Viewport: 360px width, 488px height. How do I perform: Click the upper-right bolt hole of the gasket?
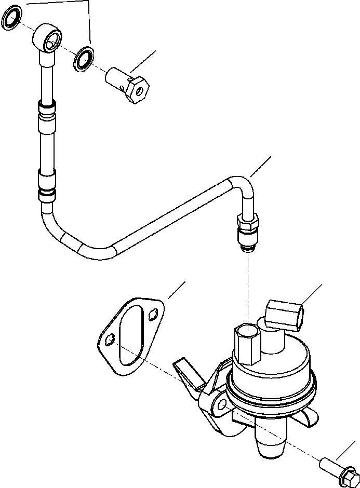151,314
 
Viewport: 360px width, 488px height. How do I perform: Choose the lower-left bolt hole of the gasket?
109,339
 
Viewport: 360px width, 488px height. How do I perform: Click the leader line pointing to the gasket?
176,291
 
